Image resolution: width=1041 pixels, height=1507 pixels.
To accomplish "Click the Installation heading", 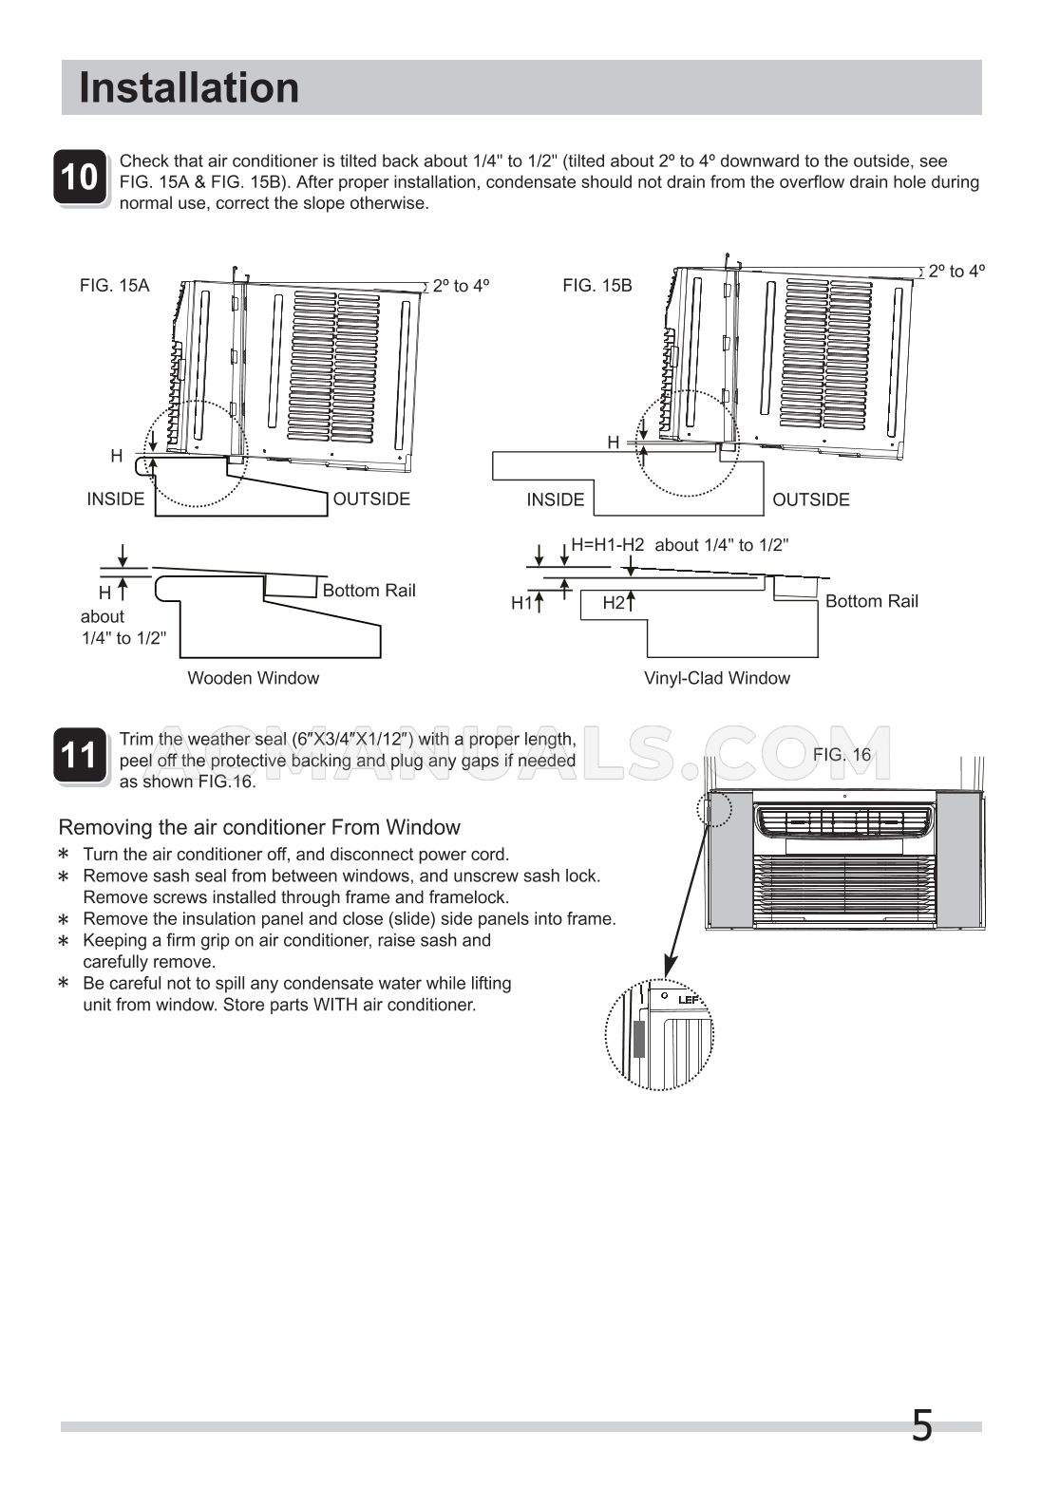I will [189, 87].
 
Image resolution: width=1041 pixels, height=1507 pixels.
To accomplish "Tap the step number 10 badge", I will [80, 178].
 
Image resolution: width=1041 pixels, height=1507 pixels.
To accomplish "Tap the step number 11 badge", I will [80, 756].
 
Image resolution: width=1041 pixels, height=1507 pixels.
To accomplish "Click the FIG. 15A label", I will [114, 285].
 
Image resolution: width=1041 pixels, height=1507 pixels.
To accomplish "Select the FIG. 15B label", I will [596, 285].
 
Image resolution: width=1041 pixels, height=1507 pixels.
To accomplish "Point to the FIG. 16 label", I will [842, 754].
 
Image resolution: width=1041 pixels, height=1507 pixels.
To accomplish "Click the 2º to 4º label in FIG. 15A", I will [461, 285].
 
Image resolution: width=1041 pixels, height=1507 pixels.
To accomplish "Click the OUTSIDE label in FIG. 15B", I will [810, 499].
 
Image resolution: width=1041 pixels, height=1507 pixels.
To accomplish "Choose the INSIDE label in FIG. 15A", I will [116, 499].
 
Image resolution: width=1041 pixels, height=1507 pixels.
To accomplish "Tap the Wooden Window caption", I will [253, 678].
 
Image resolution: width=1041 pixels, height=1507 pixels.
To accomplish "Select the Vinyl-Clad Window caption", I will [716, 678].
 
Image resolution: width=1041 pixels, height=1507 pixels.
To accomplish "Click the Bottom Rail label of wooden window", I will [369, 591].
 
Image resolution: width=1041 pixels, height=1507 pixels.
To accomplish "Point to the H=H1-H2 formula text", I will [608, 545].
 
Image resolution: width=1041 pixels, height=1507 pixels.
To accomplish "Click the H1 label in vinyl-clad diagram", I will [521, 603].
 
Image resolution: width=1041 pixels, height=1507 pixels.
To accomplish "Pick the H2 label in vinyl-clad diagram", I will [614, 603].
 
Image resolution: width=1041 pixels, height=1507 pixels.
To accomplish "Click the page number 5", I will [921, 1426].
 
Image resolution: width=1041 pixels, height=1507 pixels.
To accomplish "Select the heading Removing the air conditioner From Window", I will [259, 827].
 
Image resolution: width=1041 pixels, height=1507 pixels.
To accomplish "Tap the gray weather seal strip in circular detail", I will [638, 1039].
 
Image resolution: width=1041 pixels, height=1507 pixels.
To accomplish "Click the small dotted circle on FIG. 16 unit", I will [714, 810].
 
